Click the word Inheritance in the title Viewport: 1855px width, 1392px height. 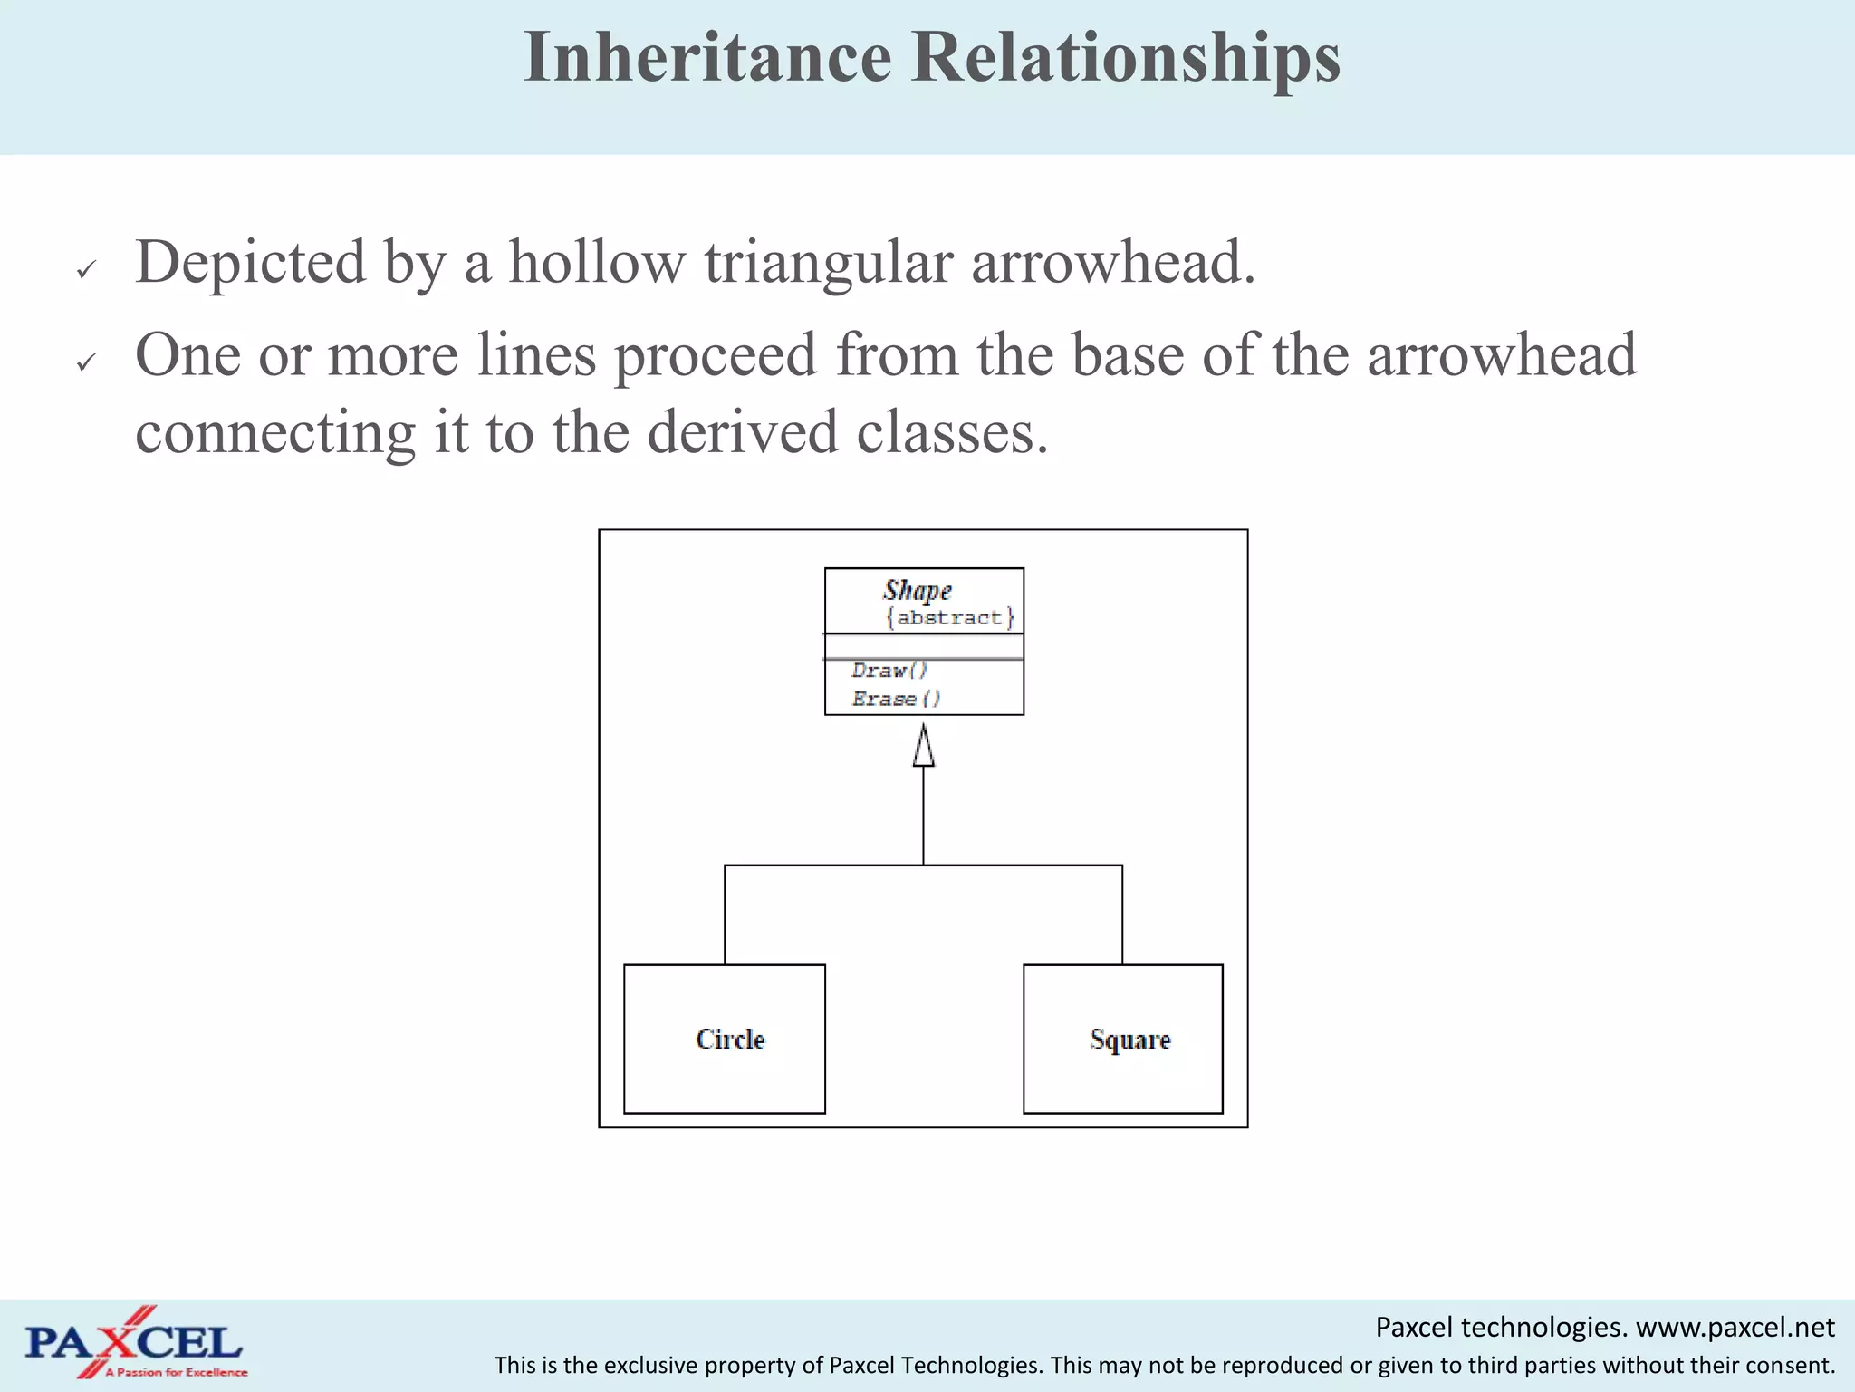pyautogui.click(x=707, y=57)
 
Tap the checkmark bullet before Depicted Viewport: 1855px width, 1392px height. pyautogui.click(x=86, y=269)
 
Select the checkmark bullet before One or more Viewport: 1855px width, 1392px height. pyautogui.click(x=86, y=362)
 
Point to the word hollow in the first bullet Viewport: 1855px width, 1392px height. pyautogui.click(x=596, y=263)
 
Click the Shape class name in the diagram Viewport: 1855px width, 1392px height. pyautogui.click(x=917, y=591)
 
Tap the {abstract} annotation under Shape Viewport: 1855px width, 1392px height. pyautogui.click(x=949, y=618)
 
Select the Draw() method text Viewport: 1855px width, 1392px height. pyautogui.click(x=889, y=671)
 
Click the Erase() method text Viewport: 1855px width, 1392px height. pyautogui.click(x=896, y=699)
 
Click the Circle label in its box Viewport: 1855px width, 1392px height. pyautogui.click(x=730, y=1039)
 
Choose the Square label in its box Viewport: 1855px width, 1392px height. pyautogui.click(x=1129, y=1039)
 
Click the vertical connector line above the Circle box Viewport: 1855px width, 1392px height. pyautogui.click(x=725, y=915)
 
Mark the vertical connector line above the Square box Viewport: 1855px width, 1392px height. pyautogui.click(x=1122, y=915)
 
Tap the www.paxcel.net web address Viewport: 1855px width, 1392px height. pyautogui.click(x=1735, y=1328)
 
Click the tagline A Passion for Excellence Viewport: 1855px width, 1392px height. pyautogui.click(x=177, y=1372)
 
